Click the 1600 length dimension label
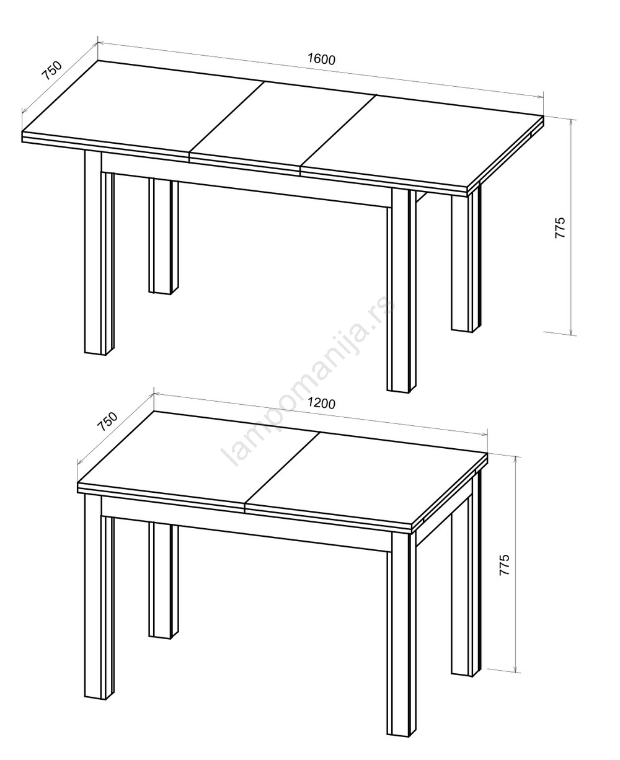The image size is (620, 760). [321, 59]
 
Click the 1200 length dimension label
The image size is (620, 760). [321, 403]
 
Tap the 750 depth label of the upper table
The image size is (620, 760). [52, 71]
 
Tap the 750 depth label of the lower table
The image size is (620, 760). [107, 422]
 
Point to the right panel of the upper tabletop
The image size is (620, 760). [422, 141]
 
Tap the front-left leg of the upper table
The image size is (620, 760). [99, 252]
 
